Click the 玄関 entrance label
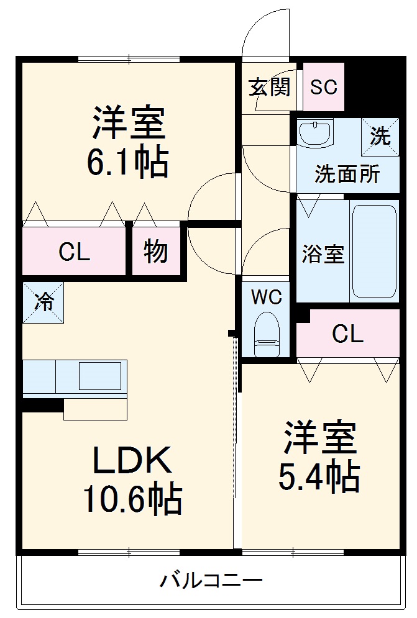[270, 88]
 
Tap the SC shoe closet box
[324, 88]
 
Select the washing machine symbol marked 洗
[380, 134]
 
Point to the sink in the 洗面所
[316, 133]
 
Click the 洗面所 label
[347, 175]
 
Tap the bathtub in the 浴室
[374, 252]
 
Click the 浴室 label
[323, 254]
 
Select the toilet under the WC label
[267, 335]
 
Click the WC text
[267, 297]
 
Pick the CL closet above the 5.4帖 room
[347, 334]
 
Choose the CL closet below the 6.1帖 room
[75, 252]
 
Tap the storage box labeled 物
[155, 252]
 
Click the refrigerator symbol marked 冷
[44, 302]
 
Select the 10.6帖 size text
[133, 498]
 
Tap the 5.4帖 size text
[320, 476]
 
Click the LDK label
[132, 461]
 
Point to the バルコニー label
[211, 582]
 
